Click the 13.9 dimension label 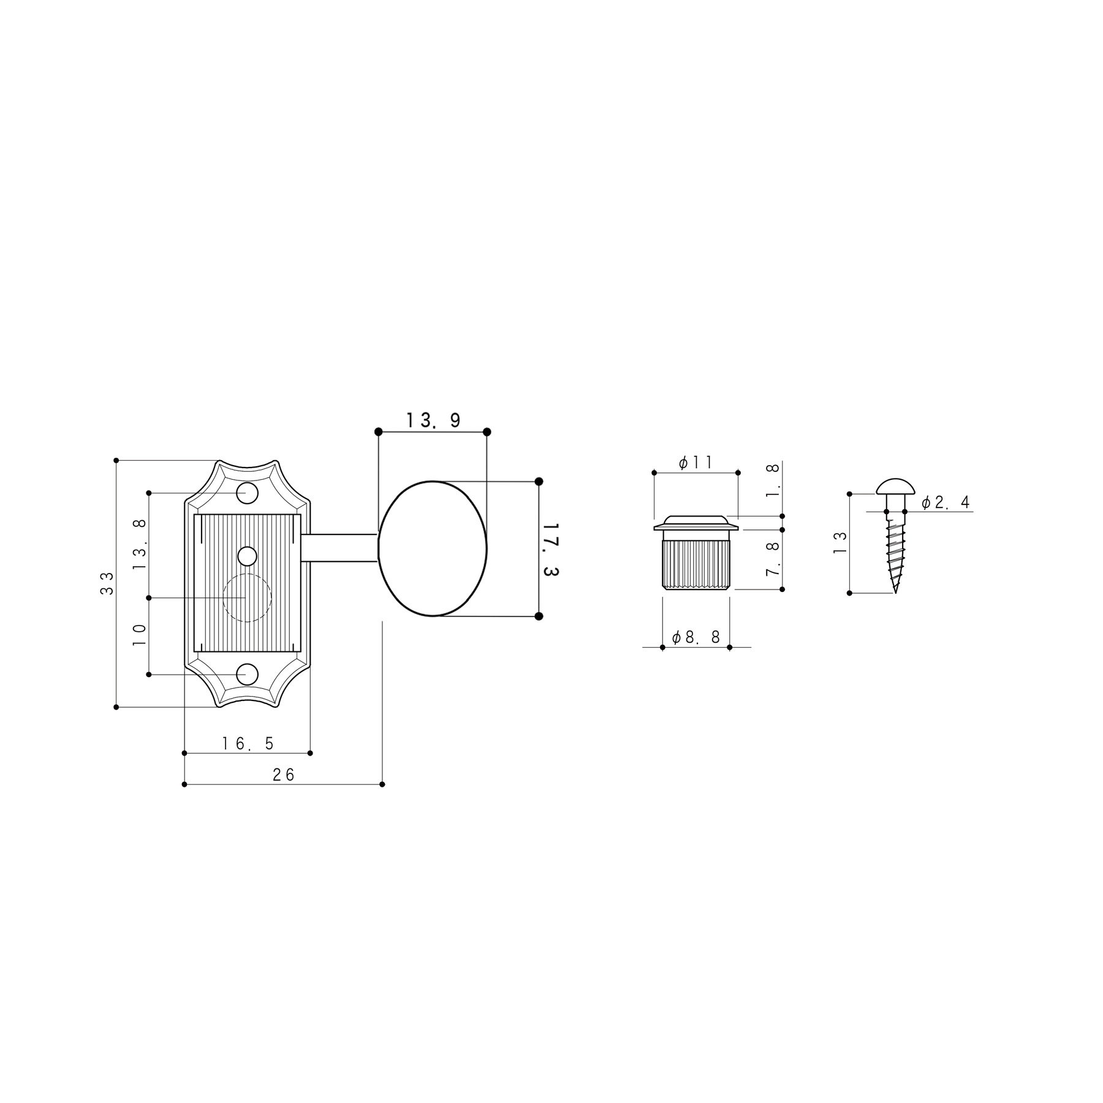point(433,420)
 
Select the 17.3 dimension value point(551,549)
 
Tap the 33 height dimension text point(107,583)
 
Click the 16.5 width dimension point(248,744)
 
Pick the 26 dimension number point(284,775)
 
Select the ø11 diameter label point(696,463)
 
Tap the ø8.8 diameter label point(696,638)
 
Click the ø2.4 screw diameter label point(946,503)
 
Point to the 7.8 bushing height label point(773,559)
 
